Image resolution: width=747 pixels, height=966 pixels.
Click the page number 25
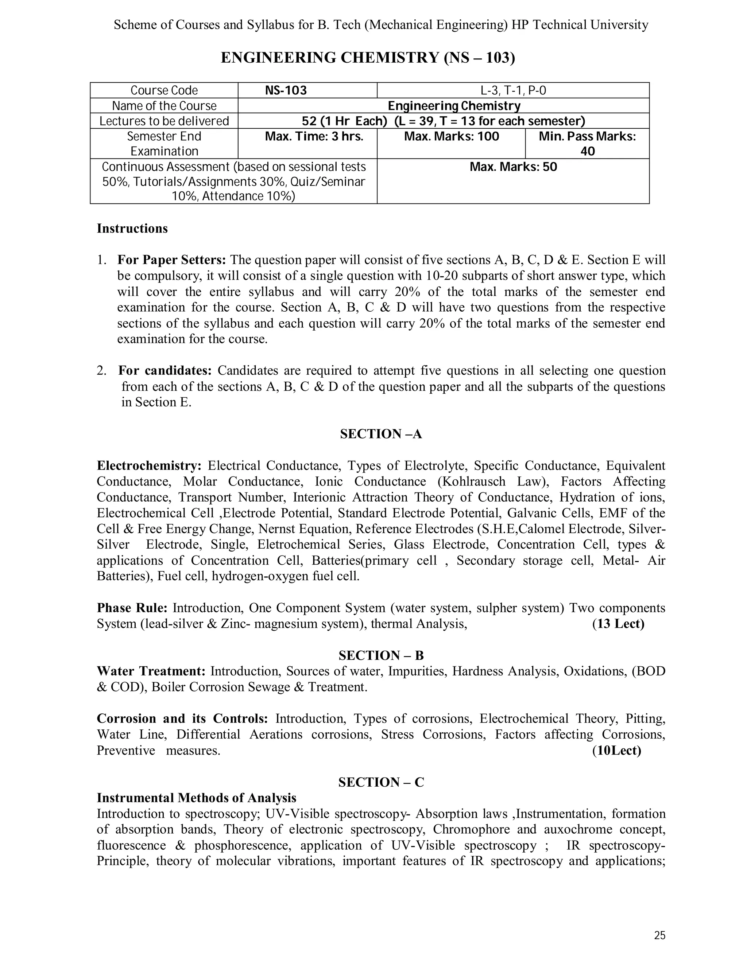pyautogui.click(x=659, y=935)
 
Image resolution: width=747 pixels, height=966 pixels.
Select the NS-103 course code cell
pyautogui.click(x=286, y=90)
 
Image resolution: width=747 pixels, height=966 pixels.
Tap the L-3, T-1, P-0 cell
pyautogui.click(x=513, y=90)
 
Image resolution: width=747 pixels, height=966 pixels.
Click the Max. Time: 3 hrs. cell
pyautogui.click(x=314, y=136)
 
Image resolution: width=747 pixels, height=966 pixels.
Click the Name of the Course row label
pyautogui.click(x=164, y=106)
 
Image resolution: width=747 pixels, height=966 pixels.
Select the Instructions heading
pyautogui.click(x=132, y=228)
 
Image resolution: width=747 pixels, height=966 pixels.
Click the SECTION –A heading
pyautogui.click(x=380, y=434)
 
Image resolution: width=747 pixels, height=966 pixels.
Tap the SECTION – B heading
pyautogui.click(x=380, y=655)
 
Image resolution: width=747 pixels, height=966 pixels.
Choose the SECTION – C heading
pyautogui.click(x=380, y=782)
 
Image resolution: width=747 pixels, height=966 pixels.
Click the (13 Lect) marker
pyautogui.click(x=618, y=624)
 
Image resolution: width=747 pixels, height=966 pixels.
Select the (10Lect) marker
pyautogui.click(x=616, y=750)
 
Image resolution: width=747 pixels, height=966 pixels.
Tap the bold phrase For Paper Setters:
pyautogui.click(x=172, y=260)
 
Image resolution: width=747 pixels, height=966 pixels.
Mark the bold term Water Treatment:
pyautogui.click(x=151, y=671)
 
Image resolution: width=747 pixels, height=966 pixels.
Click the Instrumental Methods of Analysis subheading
pyautogui.click(x=197, y=798)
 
